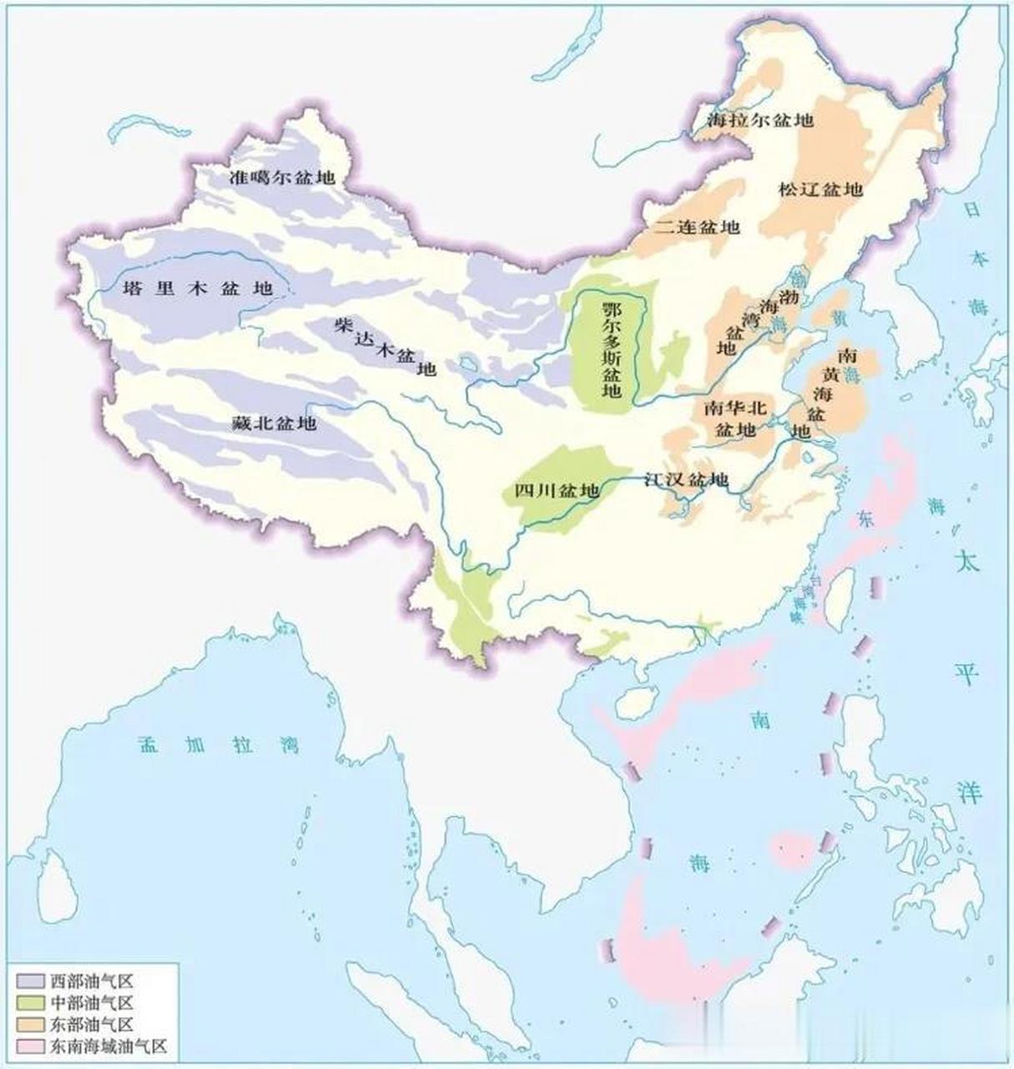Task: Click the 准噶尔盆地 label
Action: (x=282, y=177)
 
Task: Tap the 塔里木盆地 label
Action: (x=198, y=288)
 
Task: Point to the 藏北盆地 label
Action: (x=274, y=423)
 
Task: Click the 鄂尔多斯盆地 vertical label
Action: (x=612, y=349)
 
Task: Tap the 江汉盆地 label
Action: (x=686, y=479)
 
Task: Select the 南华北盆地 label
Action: (x=735, y=418)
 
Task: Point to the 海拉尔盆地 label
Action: (x=759, y=120)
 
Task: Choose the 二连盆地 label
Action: (x=697, y=226)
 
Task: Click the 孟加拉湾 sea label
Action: (x=218, y=745)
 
